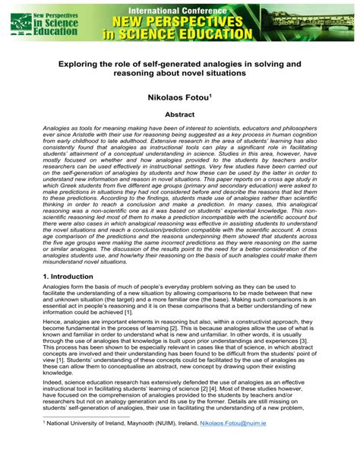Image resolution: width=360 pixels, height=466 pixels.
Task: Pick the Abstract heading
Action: tap(180, 116)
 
